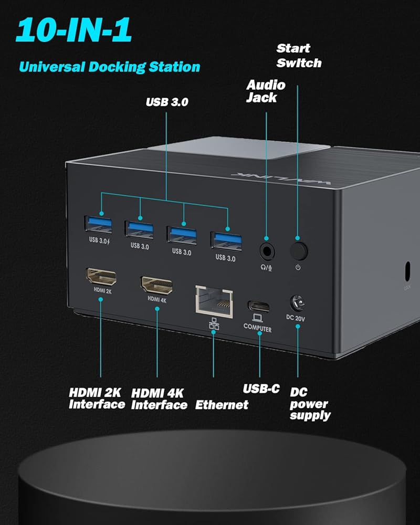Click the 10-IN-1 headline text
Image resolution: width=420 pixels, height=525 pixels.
tap(73, 30)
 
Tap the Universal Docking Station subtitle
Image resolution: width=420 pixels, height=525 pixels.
tap(110, 67)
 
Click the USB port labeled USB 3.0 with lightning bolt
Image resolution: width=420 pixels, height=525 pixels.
tap(98, 225)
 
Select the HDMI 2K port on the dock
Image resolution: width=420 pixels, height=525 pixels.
tap(101, 277)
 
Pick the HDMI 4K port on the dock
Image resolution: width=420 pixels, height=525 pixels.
tap(157, 285)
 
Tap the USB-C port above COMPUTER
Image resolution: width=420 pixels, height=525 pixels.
tap(258, 307)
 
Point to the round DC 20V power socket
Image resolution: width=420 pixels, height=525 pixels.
tap(297, 303)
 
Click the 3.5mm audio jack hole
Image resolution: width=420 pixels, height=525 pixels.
tap(267, 251)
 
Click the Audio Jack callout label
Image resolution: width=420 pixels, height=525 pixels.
tap(266, 91)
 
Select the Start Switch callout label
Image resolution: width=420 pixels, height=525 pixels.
tap(299, 56)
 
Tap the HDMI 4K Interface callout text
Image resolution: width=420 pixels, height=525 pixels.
tap(159, 399)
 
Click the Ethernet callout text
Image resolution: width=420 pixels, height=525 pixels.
tap(222, 405)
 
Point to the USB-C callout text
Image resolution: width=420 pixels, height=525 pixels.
tap(261, 388)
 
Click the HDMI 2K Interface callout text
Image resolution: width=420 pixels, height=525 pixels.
tap(97, 398)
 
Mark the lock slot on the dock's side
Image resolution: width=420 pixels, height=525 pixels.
tap(407, 271)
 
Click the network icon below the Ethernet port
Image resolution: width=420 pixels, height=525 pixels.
tap(214, 324)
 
